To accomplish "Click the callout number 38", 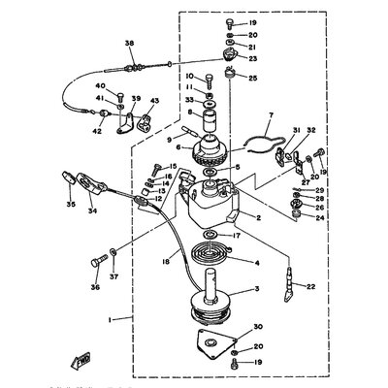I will click(128, 43).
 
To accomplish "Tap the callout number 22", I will click(310, 286).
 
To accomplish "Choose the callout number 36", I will click(95, 287).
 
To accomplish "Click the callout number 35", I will click(71, 206).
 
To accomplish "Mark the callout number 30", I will click(257, 327).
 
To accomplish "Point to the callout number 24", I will click(320, 217).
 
